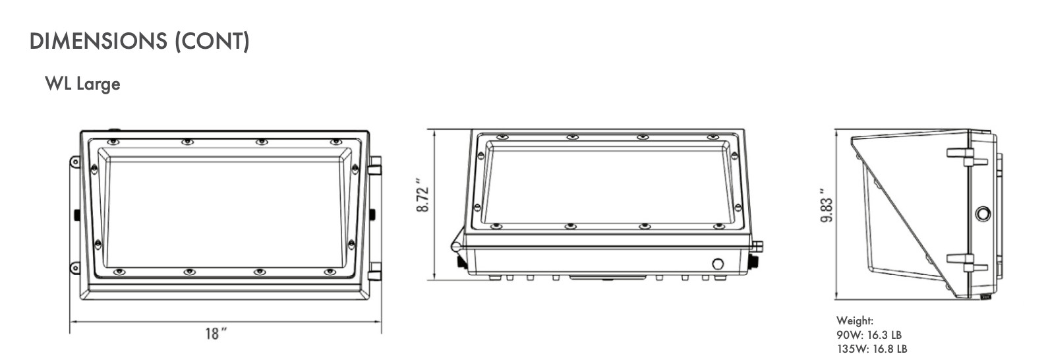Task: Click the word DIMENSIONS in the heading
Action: (98, 41)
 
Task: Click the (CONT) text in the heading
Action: (212, 42)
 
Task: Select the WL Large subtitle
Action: (83, 84)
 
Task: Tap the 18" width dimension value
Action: (216, 334)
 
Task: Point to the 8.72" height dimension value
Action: (422, 195)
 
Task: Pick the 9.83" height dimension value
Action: (827, 206)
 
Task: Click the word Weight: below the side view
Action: (855, 320)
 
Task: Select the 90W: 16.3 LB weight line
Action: (869, 335)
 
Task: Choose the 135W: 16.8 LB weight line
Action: (871, 349)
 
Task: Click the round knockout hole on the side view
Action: (983, 214)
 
